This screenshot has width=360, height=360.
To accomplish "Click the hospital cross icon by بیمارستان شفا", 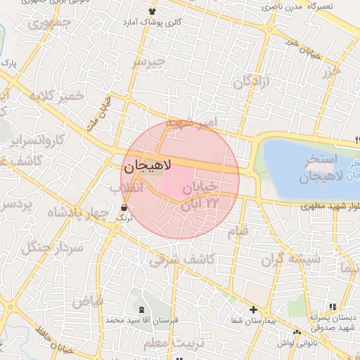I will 253,309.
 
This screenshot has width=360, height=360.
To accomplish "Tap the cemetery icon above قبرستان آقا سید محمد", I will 141,310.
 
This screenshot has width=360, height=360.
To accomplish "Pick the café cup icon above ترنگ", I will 124,208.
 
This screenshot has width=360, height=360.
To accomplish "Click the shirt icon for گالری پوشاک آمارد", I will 153,11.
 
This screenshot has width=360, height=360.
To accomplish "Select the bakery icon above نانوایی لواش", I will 297,331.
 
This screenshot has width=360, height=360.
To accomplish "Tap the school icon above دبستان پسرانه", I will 332,307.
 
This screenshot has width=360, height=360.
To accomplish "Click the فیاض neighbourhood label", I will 86,302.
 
